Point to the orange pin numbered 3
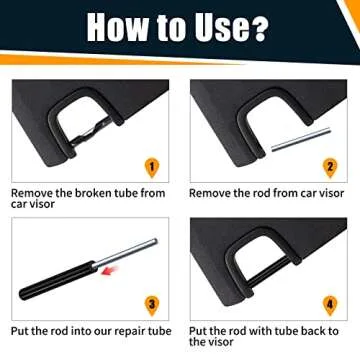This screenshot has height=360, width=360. [150, 302]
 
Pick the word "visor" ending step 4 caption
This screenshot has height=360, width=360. [229, 343]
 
